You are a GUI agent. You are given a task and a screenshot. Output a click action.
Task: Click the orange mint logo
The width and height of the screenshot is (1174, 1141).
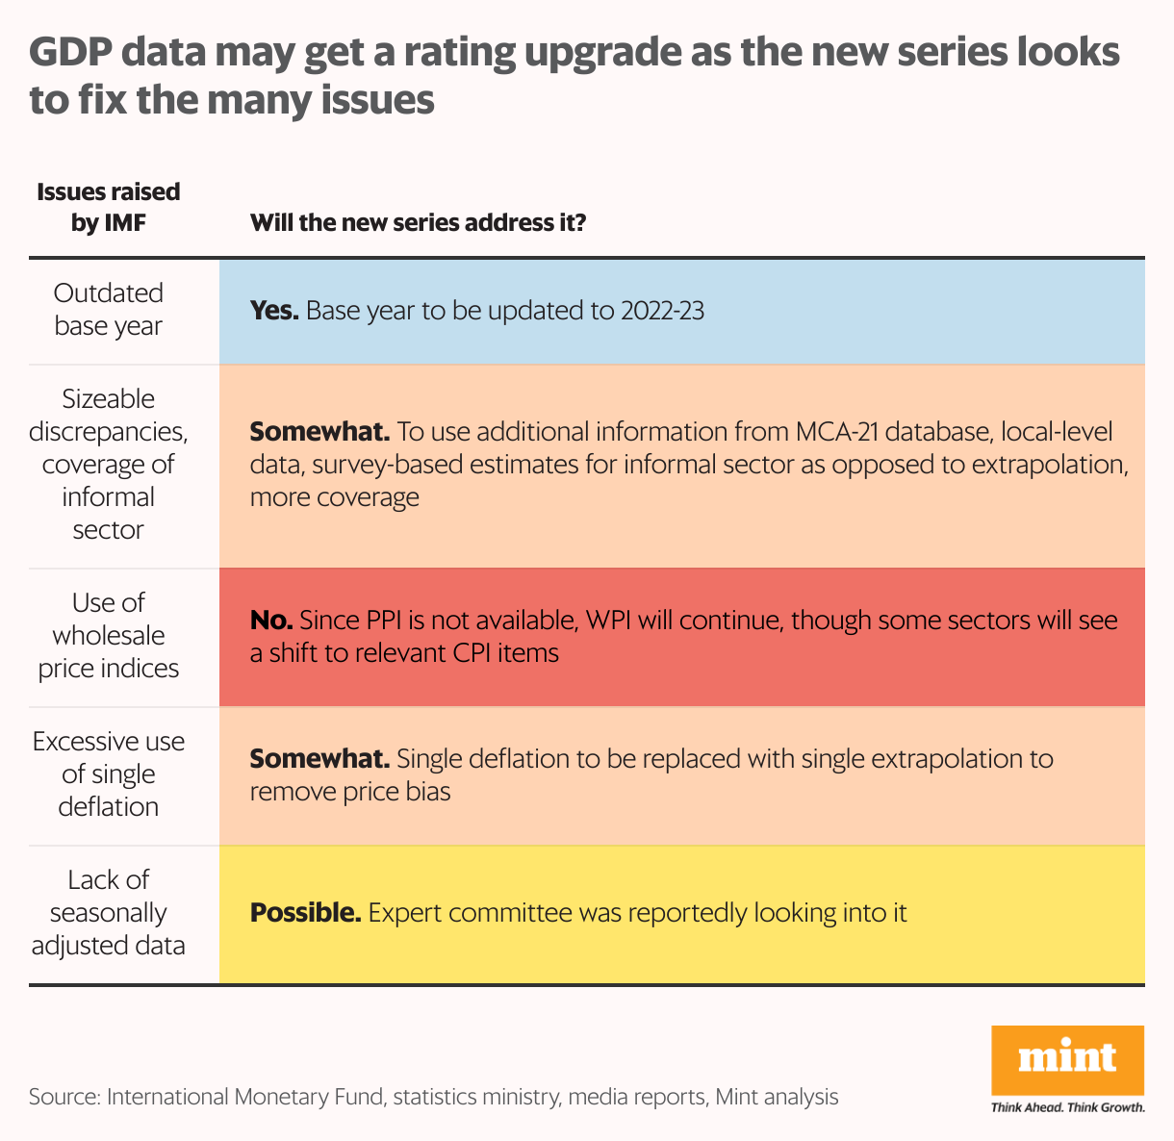[x=1067, y=1059]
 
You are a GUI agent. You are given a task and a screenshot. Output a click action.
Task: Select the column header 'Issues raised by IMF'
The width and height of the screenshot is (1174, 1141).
[x=109, y=207]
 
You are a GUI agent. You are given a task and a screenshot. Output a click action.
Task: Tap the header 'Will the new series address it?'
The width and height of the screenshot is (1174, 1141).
[x=418, y=223]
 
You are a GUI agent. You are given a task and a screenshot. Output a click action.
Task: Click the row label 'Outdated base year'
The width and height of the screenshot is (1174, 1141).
[x=109, y=310]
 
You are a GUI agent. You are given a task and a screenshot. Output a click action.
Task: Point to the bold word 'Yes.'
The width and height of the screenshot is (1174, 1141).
[x=274, y=311]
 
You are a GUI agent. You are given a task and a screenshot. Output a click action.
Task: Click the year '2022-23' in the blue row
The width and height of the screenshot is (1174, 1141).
[x=662, y=311]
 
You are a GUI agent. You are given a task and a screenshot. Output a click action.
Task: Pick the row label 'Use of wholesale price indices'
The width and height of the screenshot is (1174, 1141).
[x=109, y=636]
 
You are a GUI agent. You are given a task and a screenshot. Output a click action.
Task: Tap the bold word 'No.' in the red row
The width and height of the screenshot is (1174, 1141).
[x=270, y=621]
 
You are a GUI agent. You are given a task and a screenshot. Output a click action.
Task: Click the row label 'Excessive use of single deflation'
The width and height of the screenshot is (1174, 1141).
[x=109, y=774]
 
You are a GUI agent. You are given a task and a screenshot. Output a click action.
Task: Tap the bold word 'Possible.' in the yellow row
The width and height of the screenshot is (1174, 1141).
[x=305, y=913]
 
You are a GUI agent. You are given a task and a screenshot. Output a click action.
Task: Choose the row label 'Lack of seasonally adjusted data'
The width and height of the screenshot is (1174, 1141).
[x=109, y=913]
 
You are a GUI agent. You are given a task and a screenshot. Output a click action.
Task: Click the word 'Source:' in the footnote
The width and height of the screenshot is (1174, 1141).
[x=64, y=1097]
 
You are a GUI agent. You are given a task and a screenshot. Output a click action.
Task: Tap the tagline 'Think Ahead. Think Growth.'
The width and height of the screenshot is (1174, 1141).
[x=1067, y=1107]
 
